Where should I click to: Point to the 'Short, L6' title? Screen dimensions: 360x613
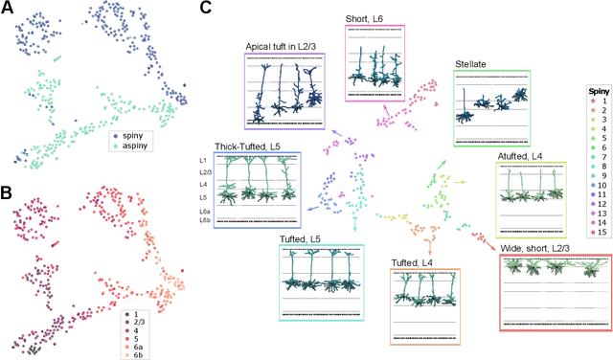click(373, 18)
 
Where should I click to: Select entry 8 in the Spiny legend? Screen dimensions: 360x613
click(603, 179)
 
